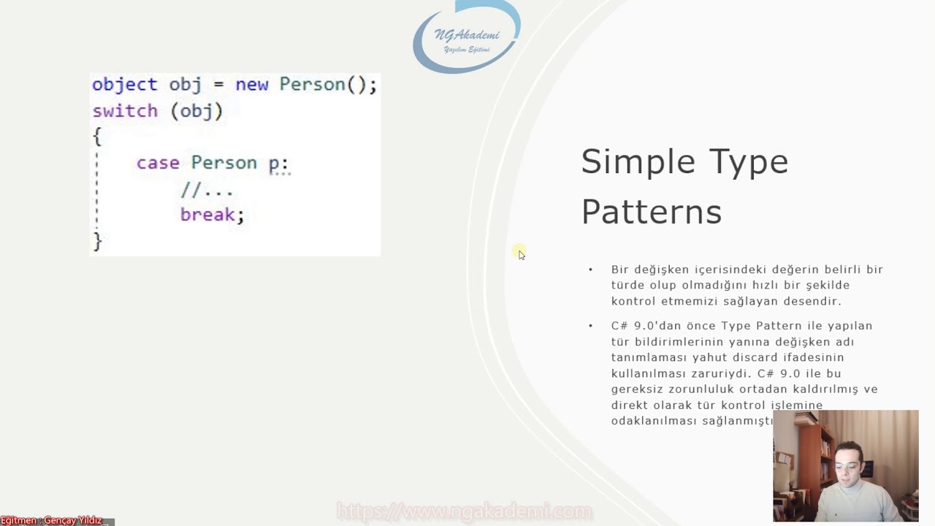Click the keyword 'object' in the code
coord(124,85)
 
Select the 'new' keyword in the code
coord(251,85)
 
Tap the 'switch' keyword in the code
coord(125,111)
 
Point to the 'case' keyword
coord(158,163)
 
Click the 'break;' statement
coord(212,215)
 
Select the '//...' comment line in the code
coord(206,190)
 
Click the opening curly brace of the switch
coord(97,137)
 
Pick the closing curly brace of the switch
coord(97,241)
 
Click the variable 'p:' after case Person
coord(278,164)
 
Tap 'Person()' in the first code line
coord(321,85)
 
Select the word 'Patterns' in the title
coord(651,213)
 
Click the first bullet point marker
coord(591,270)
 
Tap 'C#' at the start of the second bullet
coord(619,326)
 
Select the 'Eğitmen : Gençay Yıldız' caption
coord(51,520)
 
